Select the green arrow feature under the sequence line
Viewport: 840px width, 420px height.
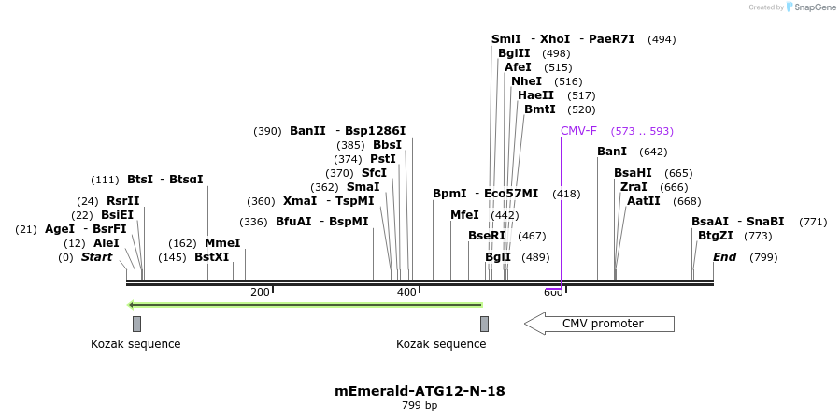pyautogui.click(x=305, y=305)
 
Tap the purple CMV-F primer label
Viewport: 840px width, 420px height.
pyautogui.click(x=578, y=131)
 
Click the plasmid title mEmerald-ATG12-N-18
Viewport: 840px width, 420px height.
pyautogui.click(x=420, y=391)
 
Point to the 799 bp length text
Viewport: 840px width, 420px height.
pyautogui.click(x=420, y=406)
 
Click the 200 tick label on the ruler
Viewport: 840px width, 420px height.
pyautogui.click(x=260, y=293)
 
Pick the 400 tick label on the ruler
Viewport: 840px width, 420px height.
pyautogui.click(x=406, y=293)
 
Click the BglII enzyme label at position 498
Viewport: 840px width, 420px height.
pyautogui.click(x=514, y=53)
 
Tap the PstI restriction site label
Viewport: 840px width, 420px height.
pyautogui.click(x=383, y=159)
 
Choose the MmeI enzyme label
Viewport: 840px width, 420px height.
pyautogui.click(x=222, y=243)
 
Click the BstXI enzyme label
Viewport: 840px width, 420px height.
pyautogui.click(x=212, y=257)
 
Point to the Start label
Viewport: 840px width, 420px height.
pyautogui.click(x=96, y=257)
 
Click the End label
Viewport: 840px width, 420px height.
pyautogui.click(x=725, y=257)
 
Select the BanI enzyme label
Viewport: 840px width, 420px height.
pyautogui.click(x=612, y=152)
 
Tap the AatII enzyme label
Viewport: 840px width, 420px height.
pyautogui.click(x=644, y=201)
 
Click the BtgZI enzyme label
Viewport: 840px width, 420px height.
pyautogui.click(x=716, y=236)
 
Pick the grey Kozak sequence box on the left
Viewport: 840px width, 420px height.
pyautogui.click(x=136, y=324)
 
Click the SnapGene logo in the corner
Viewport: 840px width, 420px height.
pyautogui.click(x=810, y=7)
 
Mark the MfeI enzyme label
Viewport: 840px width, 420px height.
pyautogui.click(x=464, y=215)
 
